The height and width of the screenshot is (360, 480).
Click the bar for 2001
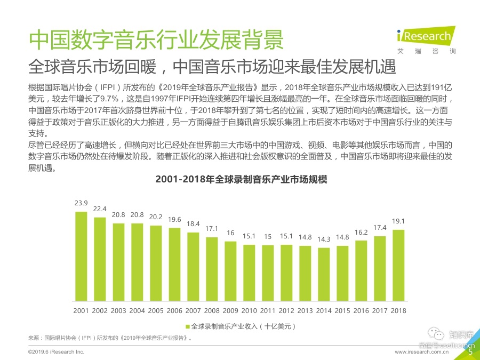[81, 257]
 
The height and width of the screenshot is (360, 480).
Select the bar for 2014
[323, 275]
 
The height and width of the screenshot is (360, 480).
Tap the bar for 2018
[398, 266]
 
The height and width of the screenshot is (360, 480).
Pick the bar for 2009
[230, 271]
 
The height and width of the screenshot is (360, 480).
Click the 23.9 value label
[81, 203]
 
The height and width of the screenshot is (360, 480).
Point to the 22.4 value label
[100, 209]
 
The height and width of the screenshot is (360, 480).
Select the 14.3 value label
[323, 239]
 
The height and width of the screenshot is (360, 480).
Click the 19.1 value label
[398, 221]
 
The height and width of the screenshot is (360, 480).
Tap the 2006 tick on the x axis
[174, 310]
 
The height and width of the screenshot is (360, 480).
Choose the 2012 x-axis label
[286, 310]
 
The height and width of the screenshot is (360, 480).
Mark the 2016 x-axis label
[361, 310]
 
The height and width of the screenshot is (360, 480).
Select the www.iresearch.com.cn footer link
[429, 353]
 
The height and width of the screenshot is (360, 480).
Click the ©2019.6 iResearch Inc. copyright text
[56, 353]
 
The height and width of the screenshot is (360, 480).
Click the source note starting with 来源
[110, 338]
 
